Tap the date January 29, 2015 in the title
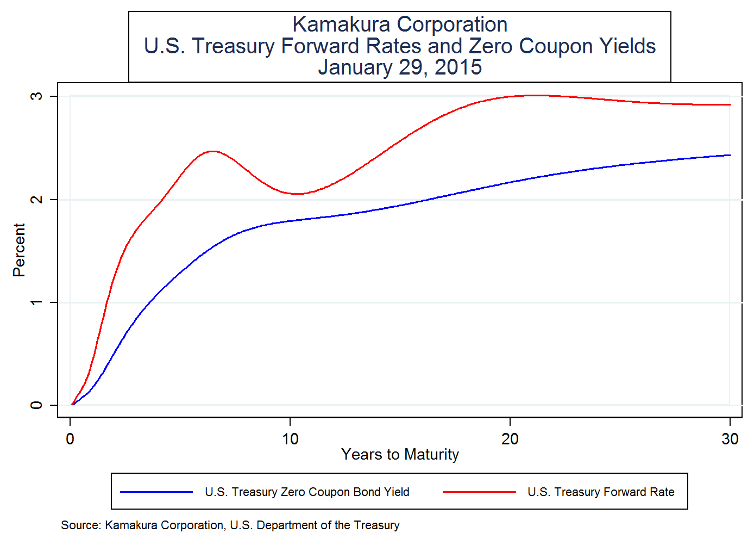pos(400,67)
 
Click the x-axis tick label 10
pos(290,439)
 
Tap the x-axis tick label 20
pos(510,439)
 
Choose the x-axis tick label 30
pos(730,439)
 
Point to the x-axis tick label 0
pos(70,439)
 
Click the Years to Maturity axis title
pos(400,454)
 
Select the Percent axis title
pos(19,250)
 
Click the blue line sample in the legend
pos(156,492)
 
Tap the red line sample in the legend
pos(479,492)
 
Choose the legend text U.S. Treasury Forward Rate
pos(601,492)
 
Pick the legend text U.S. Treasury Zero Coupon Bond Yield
pos(307,492)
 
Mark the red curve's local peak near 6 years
pos(212,151)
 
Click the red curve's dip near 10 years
pos(298,194)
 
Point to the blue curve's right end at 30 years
pos(730,155)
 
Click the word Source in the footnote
pos(80,525)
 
